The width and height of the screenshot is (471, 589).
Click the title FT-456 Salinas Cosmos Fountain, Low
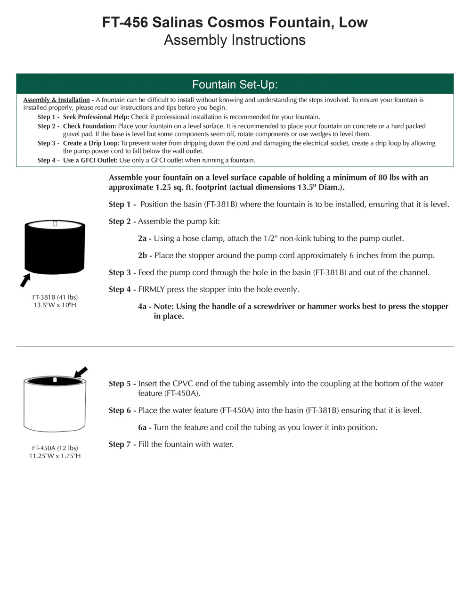[235, 22]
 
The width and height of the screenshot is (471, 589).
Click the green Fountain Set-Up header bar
[235, 84]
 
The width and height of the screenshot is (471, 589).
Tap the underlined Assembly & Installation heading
[57, 100]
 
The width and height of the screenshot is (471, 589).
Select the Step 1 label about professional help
[49, 117]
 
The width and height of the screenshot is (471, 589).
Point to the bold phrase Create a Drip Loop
[91, 143]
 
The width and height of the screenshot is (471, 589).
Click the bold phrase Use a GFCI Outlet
[90, 160]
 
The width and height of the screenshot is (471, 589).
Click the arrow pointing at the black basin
[25, 280]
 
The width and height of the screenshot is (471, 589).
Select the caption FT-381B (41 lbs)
[55, 297]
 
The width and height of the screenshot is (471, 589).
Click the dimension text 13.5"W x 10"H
[55, 305]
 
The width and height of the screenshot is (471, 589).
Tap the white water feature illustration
[55, 405]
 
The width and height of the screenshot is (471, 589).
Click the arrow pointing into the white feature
[81, 372]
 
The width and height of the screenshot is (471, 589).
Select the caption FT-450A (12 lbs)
[55, 448]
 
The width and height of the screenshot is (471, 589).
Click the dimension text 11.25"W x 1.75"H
[55, 456]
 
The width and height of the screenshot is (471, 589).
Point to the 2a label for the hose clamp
[144, 238]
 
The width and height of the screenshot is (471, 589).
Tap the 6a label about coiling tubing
[144, 427]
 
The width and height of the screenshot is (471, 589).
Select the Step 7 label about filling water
[122, 444]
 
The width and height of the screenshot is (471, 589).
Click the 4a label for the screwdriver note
[144, 306]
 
